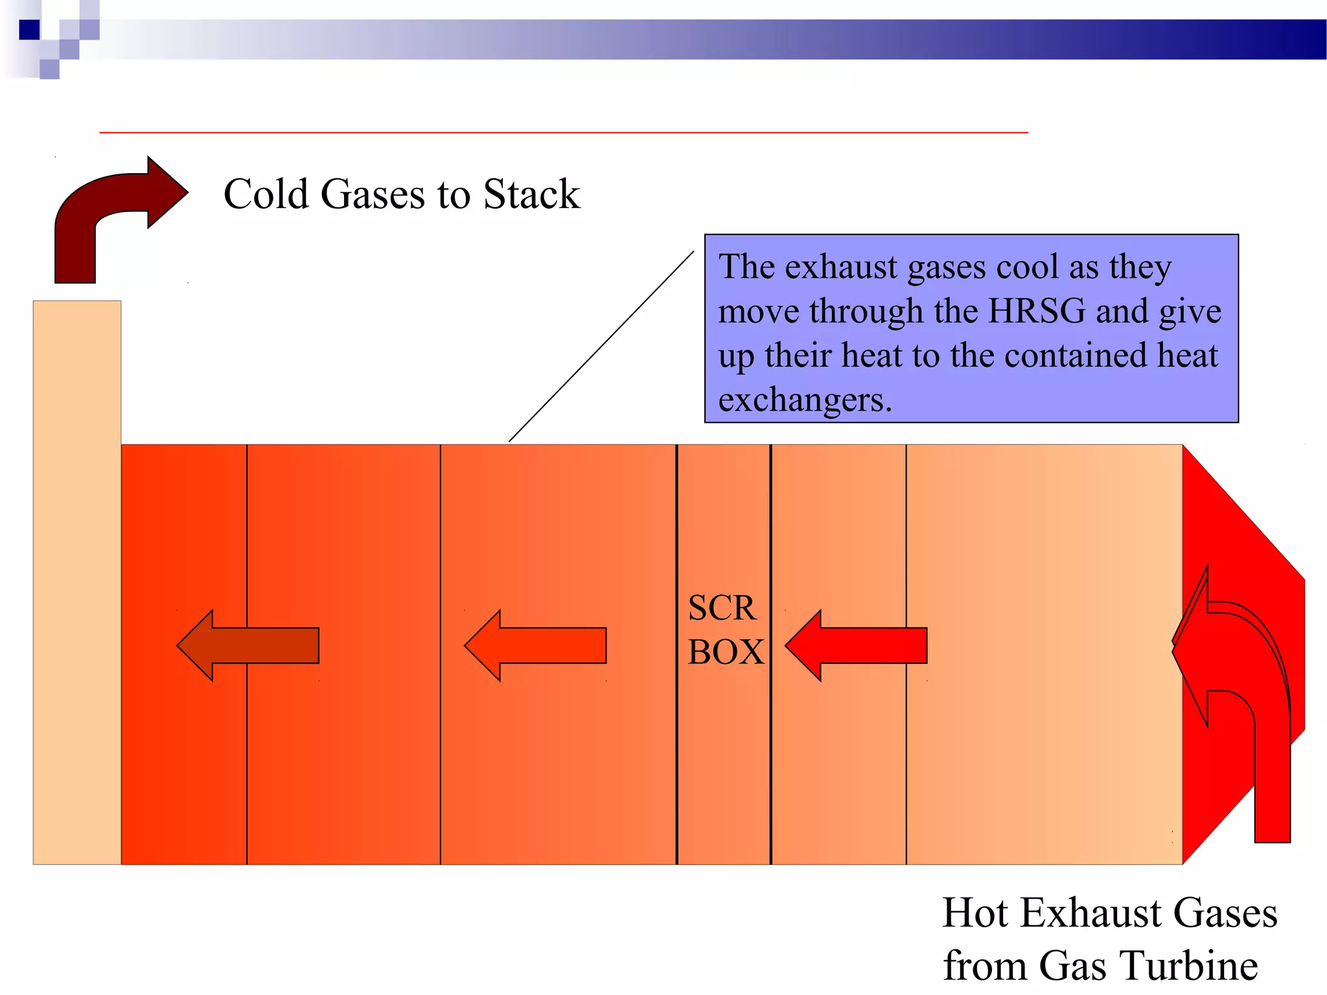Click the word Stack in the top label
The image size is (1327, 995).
531,194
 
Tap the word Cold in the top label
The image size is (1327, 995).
266,194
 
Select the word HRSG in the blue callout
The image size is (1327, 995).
1036,311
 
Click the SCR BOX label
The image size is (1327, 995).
724,630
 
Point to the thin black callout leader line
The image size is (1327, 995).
601,347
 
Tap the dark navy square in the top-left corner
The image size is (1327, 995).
29,30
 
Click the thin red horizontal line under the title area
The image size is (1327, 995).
564,132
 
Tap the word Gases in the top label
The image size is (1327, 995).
373,194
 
